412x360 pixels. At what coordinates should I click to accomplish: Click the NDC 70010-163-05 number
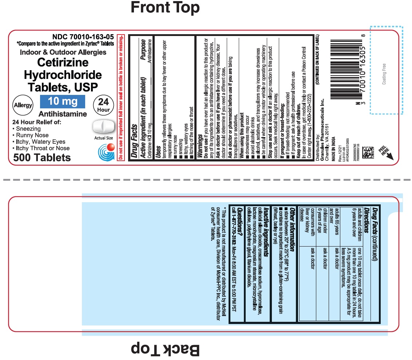(x=83, y=37)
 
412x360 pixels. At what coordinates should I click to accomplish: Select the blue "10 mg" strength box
(x=62, y=101)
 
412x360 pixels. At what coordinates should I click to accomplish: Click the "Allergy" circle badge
(x=23, y=105)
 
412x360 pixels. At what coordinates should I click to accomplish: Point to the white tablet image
(x=104, y=127)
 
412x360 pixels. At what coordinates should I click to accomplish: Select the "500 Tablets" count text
(x=42, y=158)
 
